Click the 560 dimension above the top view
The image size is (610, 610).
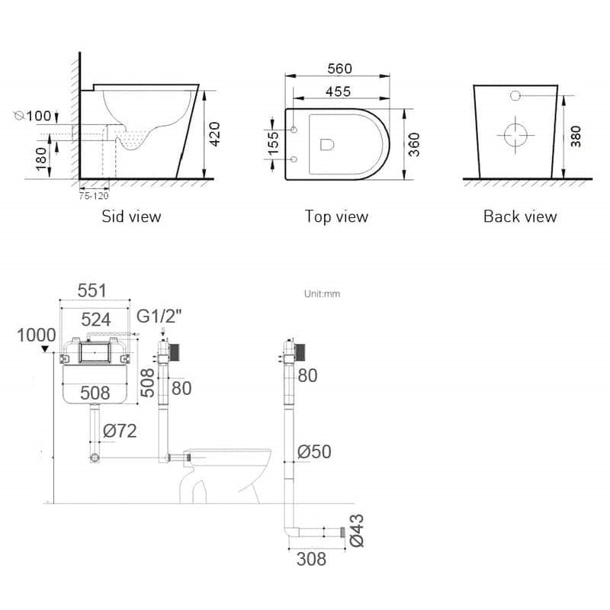click(339, 69)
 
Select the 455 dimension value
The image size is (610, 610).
click(339, 91)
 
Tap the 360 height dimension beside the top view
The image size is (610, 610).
click(414, 143)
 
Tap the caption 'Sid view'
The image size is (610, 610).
click(131, 217)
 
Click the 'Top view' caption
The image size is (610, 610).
click(336, 217)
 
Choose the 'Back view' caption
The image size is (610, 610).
click(520, 217)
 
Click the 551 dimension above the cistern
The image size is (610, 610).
click(95, 291)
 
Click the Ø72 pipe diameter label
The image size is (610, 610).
click(119, 432)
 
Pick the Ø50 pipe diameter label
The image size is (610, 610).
click(313, 451)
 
